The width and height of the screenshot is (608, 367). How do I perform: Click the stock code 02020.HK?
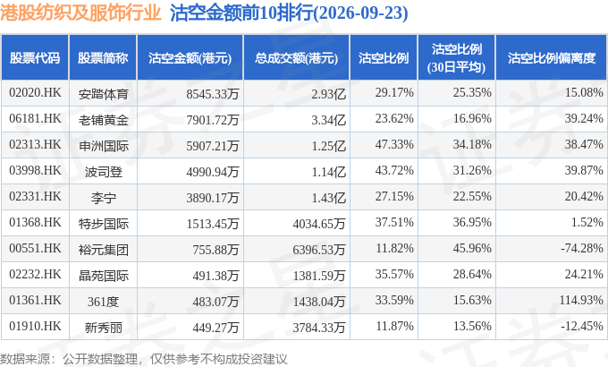35,93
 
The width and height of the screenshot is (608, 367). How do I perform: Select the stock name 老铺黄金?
103,120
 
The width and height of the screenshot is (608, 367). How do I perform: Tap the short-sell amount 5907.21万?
213,146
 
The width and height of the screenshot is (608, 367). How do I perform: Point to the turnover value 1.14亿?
329,172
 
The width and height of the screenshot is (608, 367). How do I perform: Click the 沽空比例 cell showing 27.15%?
394,197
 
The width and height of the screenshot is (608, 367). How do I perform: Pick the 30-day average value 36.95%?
472,223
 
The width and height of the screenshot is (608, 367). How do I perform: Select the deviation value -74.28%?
582,249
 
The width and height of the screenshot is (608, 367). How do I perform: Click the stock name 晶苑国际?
103,276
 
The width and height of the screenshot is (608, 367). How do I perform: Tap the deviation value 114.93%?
581,301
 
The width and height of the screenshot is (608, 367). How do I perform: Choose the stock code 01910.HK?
35,327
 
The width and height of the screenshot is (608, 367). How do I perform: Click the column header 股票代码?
35,58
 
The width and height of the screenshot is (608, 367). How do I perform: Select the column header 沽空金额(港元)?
190,58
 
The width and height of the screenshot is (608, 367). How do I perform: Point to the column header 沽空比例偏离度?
552,58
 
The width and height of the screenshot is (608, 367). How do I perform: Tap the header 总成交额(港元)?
296,58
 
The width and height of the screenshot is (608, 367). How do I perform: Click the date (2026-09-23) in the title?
360,13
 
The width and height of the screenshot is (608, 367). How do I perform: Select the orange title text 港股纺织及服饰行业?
80,13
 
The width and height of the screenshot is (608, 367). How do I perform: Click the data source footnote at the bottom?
143,359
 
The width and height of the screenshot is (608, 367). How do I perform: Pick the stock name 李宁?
103,198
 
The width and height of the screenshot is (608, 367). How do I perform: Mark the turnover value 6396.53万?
318,250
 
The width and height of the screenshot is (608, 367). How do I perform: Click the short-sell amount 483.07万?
215,302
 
